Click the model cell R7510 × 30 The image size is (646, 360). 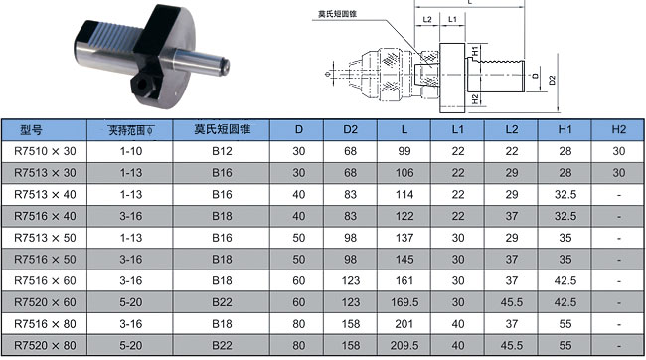tap(45, 151)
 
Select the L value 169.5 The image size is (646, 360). tap(404, 302)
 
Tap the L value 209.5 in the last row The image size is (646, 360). tap(404, 345)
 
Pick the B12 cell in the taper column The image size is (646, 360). tap(222, 151)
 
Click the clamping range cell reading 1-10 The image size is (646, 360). tap(131, 151)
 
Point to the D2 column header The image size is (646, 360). tap(350, 130)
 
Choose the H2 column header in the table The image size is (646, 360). tap(619, 130)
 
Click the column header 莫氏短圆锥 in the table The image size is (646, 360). tap(222, 130)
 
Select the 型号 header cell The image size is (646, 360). tap(32, 130)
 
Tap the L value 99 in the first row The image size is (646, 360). tap(404, 151)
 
